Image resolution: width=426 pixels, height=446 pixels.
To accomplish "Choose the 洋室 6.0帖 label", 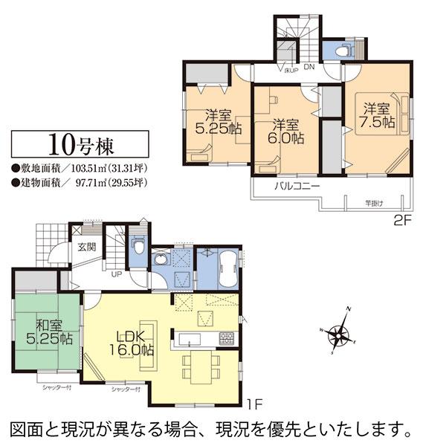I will coord(286,131).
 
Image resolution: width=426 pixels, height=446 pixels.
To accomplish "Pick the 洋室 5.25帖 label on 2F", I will coord(219,120).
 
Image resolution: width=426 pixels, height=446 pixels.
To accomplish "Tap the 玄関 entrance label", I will coord(85,247).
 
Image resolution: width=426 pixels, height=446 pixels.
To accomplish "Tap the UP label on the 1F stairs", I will coord(116,274).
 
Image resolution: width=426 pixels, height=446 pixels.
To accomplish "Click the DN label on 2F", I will coord(309,69).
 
